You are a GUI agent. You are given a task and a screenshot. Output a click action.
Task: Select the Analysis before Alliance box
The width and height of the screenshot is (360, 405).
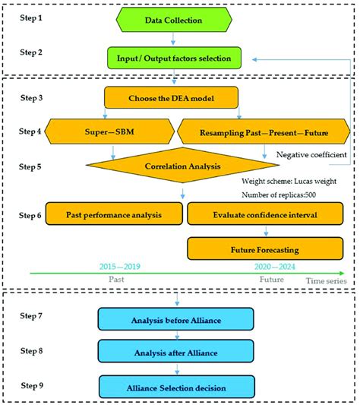point(175,319)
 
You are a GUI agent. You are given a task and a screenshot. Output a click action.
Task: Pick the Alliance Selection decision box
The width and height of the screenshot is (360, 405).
point(175,387)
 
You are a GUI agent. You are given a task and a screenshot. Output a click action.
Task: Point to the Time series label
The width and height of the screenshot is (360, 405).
point(327,281)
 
